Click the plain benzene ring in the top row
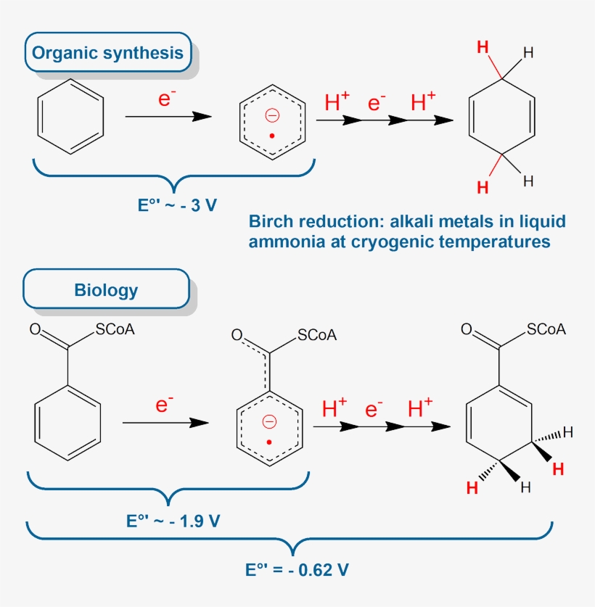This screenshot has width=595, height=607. (71, 117)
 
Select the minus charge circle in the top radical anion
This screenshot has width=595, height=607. (272, 114)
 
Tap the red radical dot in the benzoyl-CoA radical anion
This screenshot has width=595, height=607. (269, 442)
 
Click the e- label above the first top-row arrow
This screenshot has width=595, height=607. (168, 99)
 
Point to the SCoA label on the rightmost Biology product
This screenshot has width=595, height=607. (546, 330)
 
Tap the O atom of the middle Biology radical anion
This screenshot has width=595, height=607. (236, 335)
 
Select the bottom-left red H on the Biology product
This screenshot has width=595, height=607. (472, 489)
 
